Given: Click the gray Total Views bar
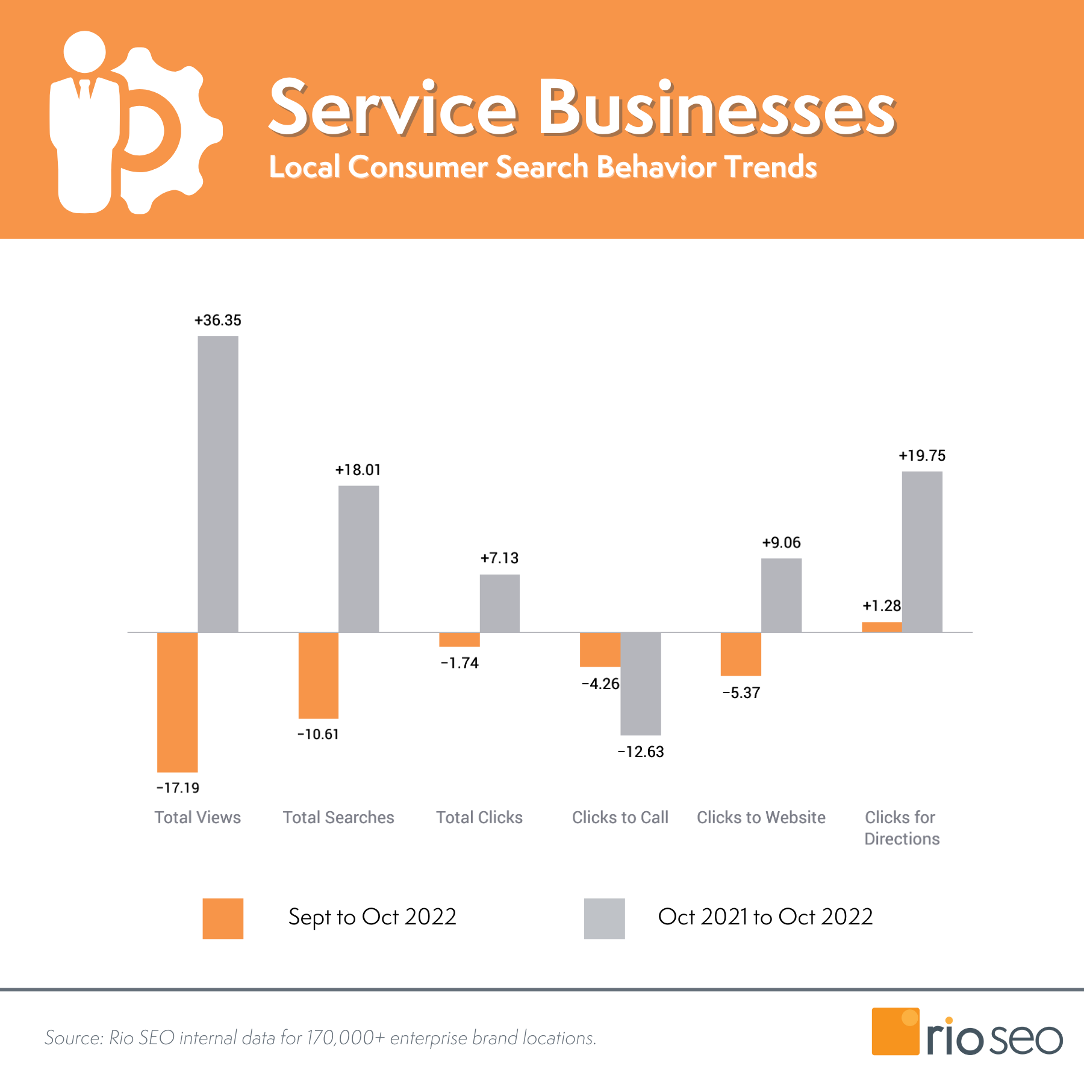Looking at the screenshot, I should coord(218,484).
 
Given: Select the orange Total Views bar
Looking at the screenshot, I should coord(177,702).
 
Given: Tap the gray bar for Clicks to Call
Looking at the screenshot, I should coord(641,684).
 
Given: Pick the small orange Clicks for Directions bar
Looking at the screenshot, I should coord(882,627).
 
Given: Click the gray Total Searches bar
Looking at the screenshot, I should coord(359,558).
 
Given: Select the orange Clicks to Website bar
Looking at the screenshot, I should coord(741,653).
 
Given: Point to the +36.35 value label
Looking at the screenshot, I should coord(217,320).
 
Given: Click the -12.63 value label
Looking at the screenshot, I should coord(641,752).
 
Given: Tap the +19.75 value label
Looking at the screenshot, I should coord(922,456).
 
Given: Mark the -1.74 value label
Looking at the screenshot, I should coord(459,663).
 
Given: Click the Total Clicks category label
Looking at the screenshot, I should coord(479,817).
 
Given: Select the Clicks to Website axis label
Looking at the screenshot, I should coord(761,817).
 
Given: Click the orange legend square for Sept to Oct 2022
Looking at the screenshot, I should coord(223,918).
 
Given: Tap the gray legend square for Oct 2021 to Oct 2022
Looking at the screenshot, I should coord(604,918).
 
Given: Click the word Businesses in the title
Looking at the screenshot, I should coord(717,108).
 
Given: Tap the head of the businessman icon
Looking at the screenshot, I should coord(84,52).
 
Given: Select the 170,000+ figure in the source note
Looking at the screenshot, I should coord(346,1038).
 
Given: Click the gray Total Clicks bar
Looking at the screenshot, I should coord(500,603).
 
